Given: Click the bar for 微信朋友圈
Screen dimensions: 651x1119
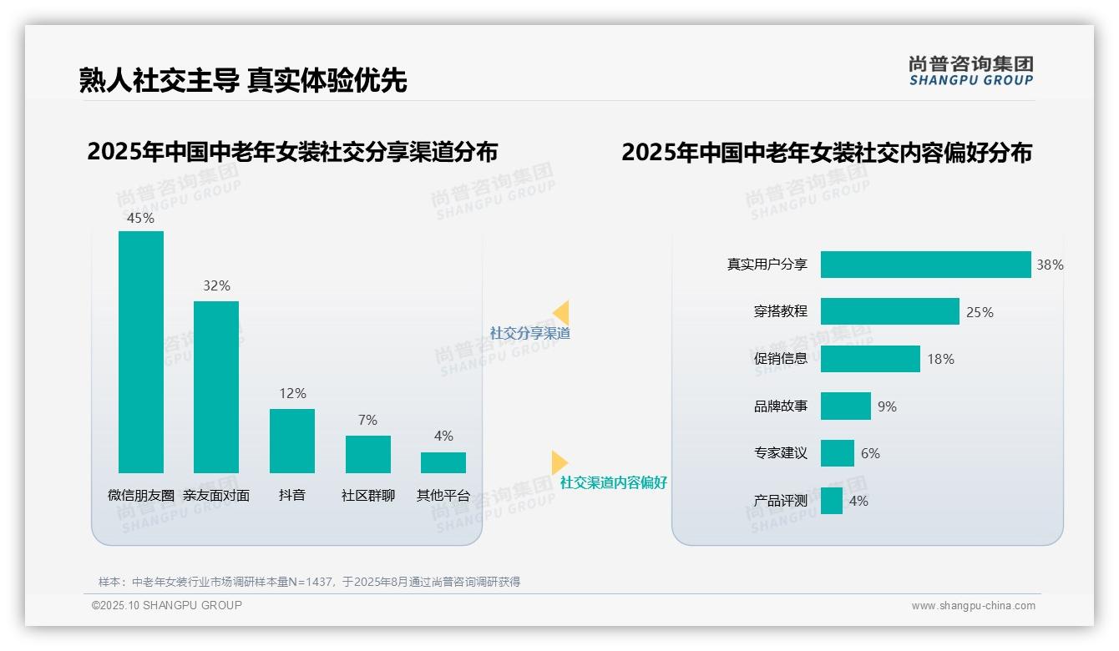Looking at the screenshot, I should [141, 352].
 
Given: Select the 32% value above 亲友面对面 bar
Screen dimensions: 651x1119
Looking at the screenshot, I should [216, 285].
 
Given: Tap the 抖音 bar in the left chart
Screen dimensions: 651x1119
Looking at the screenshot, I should [292, 441].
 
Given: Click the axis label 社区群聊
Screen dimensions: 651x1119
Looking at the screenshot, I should [367, 495].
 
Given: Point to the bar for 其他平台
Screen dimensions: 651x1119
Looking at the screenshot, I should [443, 463].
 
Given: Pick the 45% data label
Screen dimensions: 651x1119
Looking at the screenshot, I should [140, 218].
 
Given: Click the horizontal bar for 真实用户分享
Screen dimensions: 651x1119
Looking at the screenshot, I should [925, 265].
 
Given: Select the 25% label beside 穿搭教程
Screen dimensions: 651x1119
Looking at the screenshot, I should [980, 312].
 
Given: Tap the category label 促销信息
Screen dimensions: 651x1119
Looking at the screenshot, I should [780, 359].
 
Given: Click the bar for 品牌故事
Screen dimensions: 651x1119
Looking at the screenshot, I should [845, 406].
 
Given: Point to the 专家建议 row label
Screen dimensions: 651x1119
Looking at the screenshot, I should [780, 453].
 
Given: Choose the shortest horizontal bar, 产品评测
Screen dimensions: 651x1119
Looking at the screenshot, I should [831, 501].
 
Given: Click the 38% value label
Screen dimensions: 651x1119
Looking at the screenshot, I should [1050, 265].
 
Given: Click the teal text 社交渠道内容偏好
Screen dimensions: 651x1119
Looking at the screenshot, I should [613, 482].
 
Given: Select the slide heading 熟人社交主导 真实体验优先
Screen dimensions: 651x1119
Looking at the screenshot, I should [243, 80].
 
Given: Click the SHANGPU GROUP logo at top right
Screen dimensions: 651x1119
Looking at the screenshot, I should [970, 71].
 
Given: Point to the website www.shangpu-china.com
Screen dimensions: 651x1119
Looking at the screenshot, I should [973, 606].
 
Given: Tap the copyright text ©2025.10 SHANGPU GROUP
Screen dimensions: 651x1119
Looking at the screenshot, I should [167, 605].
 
